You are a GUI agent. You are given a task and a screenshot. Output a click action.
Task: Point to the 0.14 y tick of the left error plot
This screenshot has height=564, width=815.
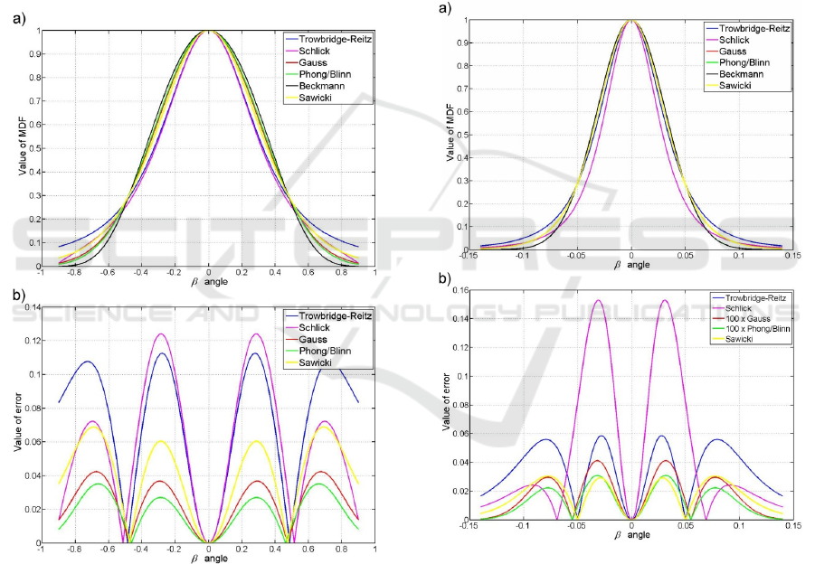point(32,308)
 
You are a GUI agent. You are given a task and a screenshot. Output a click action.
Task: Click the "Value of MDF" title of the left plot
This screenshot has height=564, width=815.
point(18,148)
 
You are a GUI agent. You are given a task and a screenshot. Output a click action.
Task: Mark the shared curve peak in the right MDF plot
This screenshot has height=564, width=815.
point(631,20)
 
